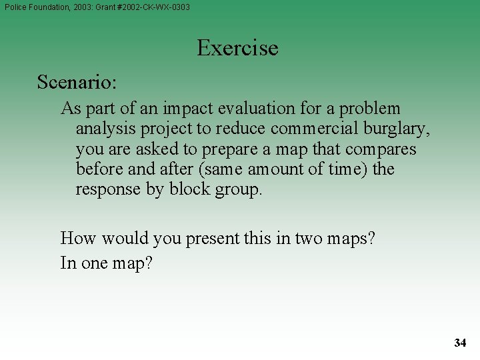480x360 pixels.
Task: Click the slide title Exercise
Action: coord(237,48)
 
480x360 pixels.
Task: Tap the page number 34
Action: coord(460,343)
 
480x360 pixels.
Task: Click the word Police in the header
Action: coord(16,7)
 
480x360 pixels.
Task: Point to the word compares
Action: coord(384,149)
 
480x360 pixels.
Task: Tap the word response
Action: coord(107,189)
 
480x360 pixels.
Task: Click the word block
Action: coord(189,189)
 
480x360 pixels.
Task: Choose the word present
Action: coord(213,239)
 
